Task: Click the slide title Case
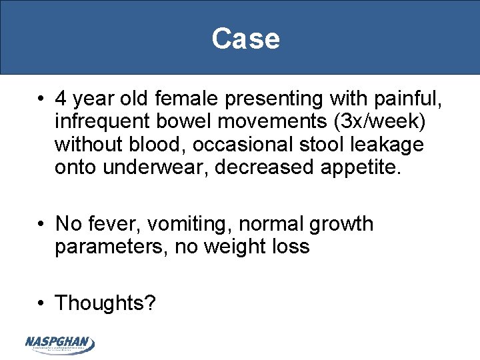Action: pyautogui.click(x=245, y=39)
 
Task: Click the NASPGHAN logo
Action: pyautogui.click(x=60, y=344)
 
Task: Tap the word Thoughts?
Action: pyautogui.click(x=105, y=303)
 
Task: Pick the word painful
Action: pyautogui.click(x=407, y=99)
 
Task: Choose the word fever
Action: pyautogui.click(x=114, y=224)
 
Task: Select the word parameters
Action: pyautogui.click(x=111, y=247)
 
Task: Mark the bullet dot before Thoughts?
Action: pyautogui.click(x=41, y=303)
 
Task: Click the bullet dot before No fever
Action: pyautogui.click(x=41, y=225)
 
